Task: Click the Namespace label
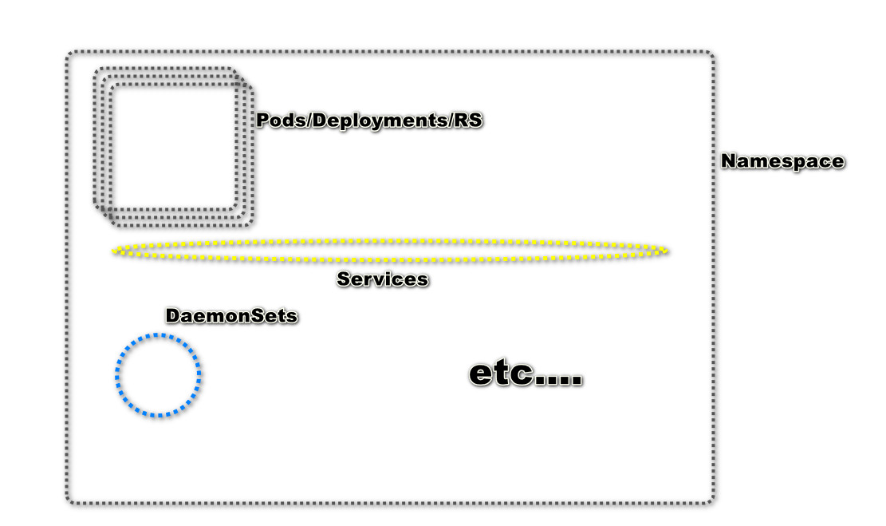pyautogui.click(x=782, y=161)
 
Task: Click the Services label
pyautogui.click(x=382, y=279)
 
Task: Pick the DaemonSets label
pyautogui.click(x=231, y=316)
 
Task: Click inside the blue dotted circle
pyautogui.click(x=158, y=375)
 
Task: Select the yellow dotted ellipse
pyautogui.click(x=390, y=240)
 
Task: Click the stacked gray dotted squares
pyautogui.click(x=174, y=148)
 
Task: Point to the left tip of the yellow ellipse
pyautogui.click(x=114, y=251)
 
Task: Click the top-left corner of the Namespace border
pyautogui.click(x=69, y=55)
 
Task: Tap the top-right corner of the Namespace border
pyautogui.click(x=711, y=55)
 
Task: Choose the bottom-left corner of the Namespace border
pyautogui.click(x=69, y=500)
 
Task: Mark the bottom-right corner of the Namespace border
pyautogui.click(x=711, y=500)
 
